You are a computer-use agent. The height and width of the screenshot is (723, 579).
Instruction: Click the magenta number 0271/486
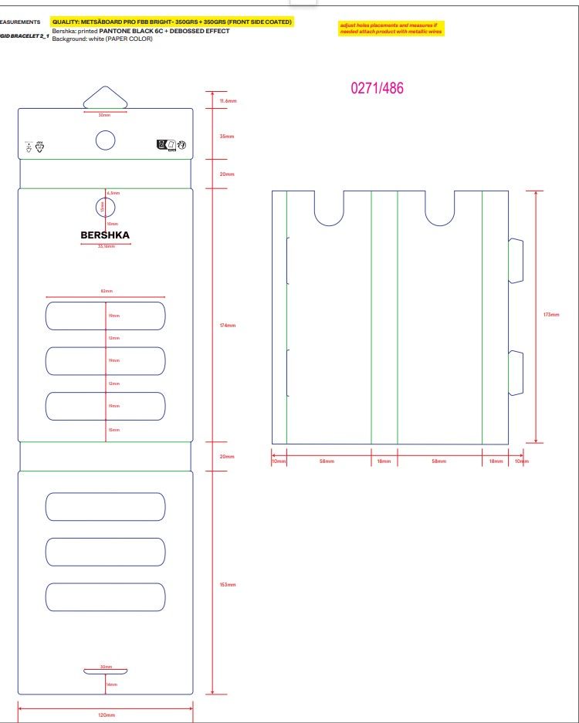(377, 88)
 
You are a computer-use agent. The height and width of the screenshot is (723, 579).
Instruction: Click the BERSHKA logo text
(105, 235)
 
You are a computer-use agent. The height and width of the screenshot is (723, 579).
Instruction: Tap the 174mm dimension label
(228, 325)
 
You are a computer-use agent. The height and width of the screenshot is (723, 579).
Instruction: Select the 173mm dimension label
(551, 315)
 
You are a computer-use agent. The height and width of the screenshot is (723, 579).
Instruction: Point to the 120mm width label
(106, 716)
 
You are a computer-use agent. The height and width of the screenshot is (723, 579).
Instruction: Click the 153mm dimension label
(228, 585)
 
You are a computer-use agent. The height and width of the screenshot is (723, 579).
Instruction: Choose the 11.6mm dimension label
(228, 101)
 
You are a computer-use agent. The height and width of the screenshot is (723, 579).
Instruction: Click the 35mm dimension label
(226, 137)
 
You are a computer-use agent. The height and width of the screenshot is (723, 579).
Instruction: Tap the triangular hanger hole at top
(105, 97)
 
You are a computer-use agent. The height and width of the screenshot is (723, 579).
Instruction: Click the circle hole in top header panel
(105, 140)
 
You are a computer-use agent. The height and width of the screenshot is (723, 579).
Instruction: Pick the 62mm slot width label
(107, 291)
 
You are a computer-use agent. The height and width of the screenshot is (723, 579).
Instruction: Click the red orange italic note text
(390, 28)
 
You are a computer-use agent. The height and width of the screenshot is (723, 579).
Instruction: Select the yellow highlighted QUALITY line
(171, 22)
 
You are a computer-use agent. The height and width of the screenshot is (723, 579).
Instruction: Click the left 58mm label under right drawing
(327, 461)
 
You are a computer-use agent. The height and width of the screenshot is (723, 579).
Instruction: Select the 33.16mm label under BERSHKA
(106, 247)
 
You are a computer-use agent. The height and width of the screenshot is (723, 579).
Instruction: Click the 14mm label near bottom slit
(112, 684)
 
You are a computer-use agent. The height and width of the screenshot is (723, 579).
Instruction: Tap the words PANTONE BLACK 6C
(130, 31)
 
